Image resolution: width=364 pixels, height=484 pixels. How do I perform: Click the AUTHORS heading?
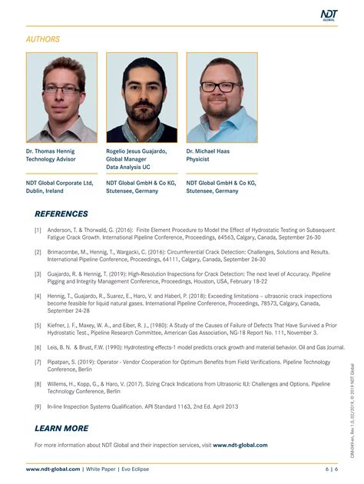coord(43,39)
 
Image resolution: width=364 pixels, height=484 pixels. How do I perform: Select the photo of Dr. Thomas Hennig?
coord(61,97)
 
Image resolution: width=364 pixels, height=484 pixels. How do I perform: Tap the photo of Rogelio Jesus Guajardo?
coord(141,97)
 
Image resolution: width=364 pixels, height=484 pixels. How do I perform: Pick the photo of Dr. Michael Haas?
coord(221,97)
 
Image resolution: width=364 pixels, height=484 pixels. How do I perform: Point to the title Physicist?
coord(200,159)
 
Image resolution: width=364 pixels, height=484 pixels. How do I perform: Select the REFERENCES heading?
coord(61,214)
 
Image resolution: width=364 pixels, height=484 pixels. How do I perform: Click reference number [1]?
coord(38,230)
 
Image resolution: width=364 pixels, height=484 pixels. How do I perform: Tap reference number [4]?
coord(38,295)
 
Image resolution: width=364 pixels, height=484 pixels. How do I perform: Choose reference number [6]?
coord(38,346)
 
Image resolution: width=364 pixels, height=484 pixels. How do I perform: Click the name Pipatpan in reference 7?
coord(62,361)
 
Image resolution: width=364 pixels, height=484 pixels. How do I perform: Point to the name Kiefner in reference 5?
coord(61,325)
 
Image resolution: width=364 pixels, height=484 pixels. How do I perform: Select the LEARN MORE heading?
coord(61,428)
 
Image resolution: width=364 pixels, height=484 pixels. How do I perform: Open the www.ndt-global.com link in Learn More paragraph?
coord(240,445)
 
